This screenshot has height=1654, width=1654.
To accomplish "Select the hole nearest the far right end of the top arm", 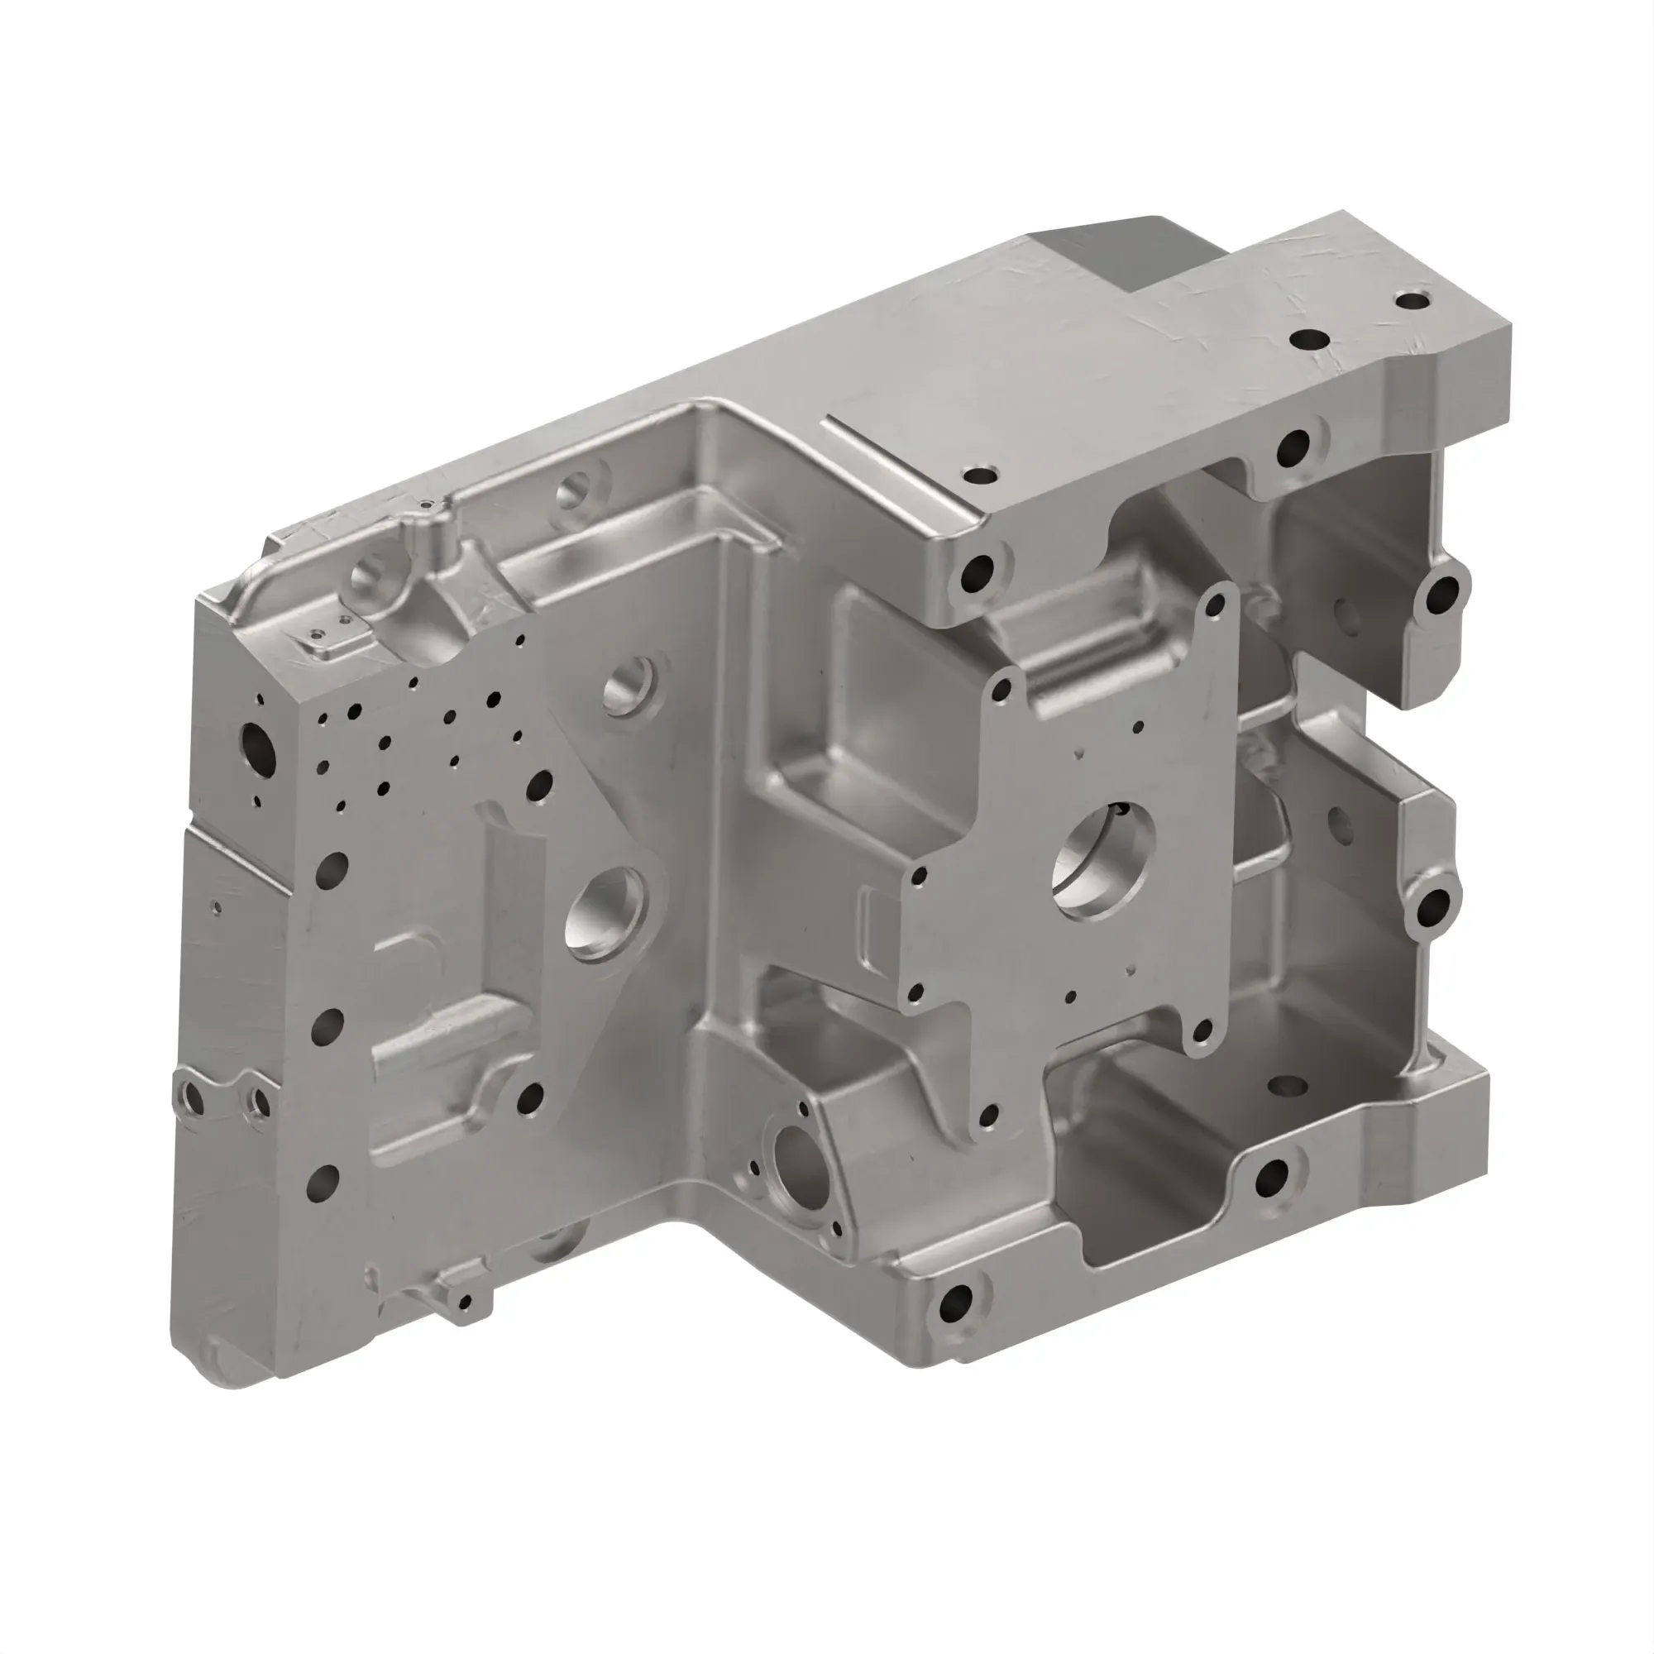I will click(x=1413, y=300).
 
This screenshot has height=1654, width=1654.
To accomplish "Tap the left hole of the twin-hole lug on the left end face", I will click(x=193, y=1097).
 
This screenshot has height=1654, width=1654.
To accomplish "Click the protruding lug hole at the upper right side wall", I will click(x=1443, y=590).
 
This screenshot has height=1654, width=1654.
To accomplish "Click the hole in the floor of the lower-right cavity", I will click(x=1287, y=1086).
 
